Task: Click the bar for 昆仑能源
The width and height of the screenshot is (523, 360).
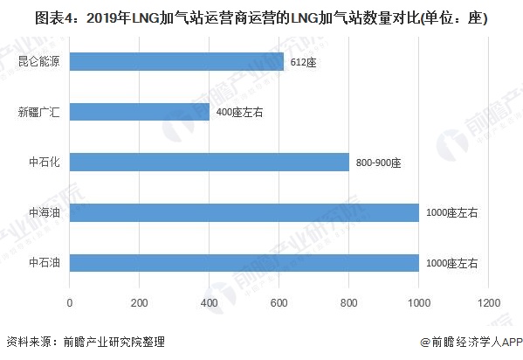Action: (176, 61)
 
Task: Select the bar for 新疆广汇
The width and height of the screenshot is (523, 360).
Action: (140, 112)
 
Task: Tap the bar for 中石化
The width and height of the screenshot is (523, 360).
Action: (210, 162)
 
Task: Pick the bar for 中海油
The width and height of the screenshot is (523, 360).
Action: (244, 212)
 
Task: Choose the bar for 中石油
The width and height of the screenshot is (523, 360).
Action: (244, 263)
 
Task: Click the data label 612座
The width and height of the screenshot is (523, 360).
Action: (303, 61)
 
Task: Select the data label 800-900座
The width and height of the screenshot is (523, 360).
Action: (378, 163)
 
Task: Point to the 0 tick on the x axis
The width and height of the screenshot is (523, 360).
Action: (70, 302)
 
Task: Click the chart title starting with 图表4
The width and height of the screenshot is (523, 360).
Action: (261, 17)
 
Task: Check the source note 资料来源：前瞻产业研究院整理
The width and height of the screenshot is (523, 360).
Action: (85, 343)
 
